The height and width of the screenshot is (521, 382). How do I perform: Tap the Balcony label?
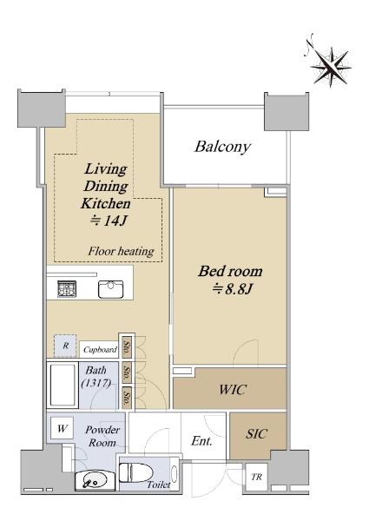click(222, 147)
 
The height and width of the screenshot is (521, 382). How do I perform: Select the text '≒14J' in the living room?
click(109, 221)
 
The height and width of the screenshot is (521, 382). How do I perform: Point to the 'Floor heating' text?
click(122, 251)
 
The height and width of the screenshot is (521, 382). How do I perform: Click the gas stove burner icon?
click(67, 289)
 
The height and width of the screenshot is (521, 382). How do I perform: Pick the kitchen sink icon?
click(110, 289)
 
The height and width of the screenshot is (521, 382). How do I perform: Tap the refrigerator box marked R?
click(65, 346)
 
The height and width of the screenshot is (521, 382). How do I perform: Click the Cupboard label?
click(100, 350)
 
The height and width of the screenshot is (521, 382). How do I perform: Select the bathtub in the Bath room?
click(63, 385)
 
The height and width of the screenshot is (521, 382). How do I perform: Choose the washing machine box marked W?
click(63, 428)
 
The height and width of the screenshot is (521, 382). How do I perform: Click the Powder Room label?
click(102, 436)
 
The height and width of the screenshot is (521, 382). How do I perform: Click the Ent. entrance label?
click(201, 441)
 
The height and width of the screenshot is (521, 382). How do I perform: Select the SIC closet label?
click(256, 433)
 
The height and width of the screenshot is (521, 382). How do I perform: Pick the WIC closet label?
click(233, 389)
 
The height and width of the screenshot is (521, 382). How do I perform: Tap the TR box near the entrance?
click(256, 477)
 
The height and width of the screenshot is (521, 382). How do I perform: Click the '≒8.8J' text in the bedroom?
click(233, 289)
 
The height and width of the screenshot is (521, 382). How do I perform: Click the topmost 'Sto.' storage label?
click(127, 347)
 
